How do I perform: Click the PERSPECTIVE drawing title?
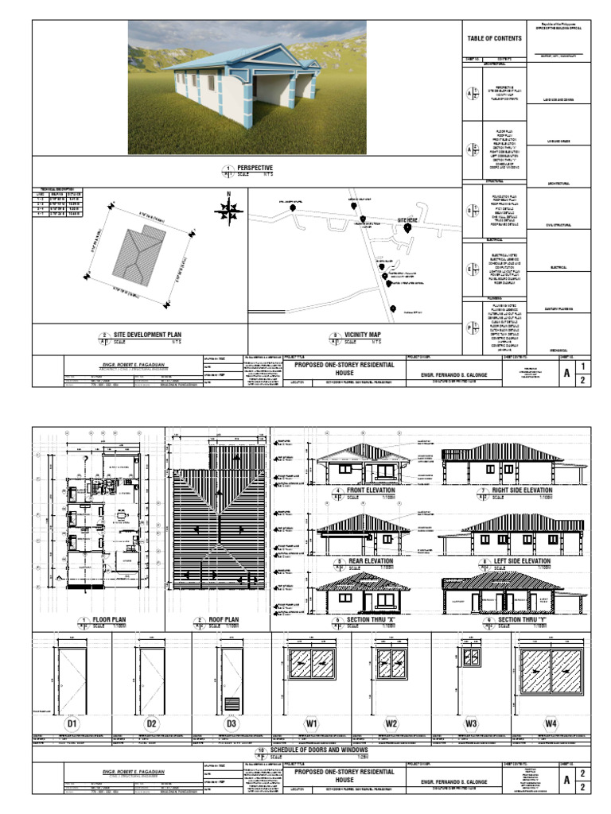(251, 168)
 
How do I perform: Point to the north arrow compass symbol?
(229, 210)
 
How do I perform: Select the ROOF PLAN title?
(223, 619)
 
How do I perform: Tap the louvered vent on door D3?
(231, 704)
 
